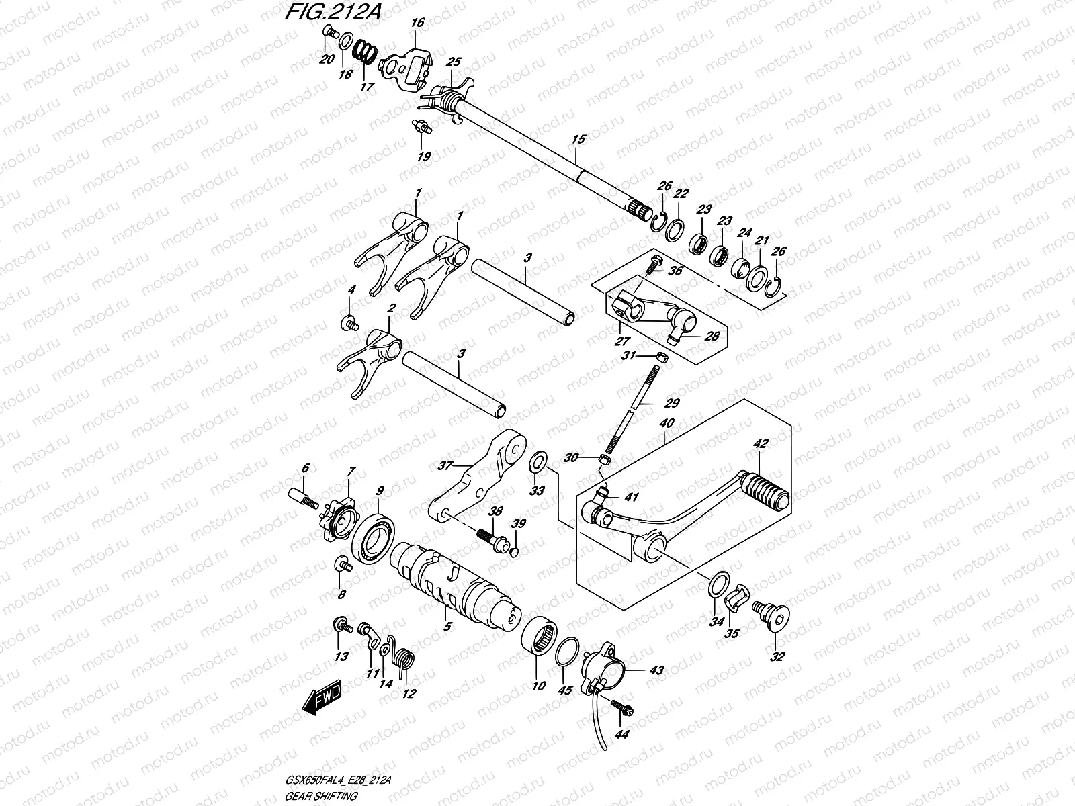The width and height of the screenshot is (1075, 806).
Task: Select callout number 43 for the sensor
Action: pyautogui.click(x=656, y=670)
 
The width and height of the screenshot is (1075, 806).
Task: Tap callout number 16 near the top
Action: pyautogui.click(x=417, y=23)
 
